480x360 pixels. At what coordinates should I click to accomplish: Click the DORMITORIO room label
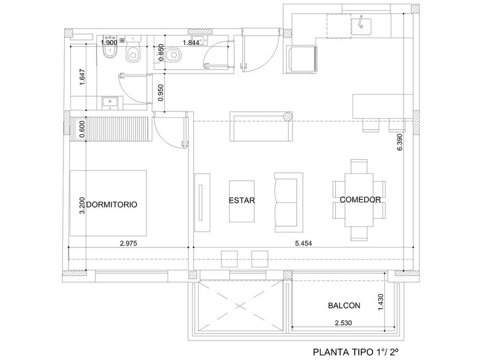point(112,205)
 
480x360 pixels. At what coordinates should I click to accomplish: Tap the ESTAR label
point(242,201)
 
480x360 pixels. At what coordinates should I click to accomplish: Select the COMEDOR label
point(361,199)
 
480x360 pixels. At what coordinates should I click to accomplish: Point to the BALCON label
point(344,306)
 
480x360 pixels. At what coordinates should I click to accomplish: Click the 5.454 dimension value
point(303,243)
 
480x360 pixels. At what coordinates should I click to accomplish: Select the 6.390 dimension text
point(399,142)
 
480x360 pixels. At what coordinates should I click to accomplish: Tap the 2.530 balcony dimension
point(343,323)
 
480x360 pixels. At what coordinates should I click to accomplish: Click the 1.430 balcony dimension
point(381,302)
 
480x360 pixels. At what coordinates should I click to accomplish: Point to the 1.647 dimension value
point(82,77)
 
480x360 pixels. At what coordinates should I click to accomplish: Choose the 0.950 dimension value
point(161,93)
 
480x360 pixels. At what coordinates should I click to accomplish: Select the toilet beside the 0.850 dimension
point(174,55)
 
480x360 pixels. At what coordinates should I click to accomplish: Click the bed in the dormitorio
point(108,203)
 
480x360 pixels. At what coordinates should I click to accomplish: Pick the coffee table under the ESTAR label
point(242,201)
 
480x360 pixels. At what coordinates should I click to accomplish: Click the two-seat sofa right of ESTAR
point(289,202)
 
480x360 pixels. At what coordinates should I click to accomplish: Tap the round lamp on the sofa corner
point(288,117)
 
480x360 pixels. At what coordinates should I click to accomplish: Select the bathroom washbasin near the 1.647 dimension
point(110,103)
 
